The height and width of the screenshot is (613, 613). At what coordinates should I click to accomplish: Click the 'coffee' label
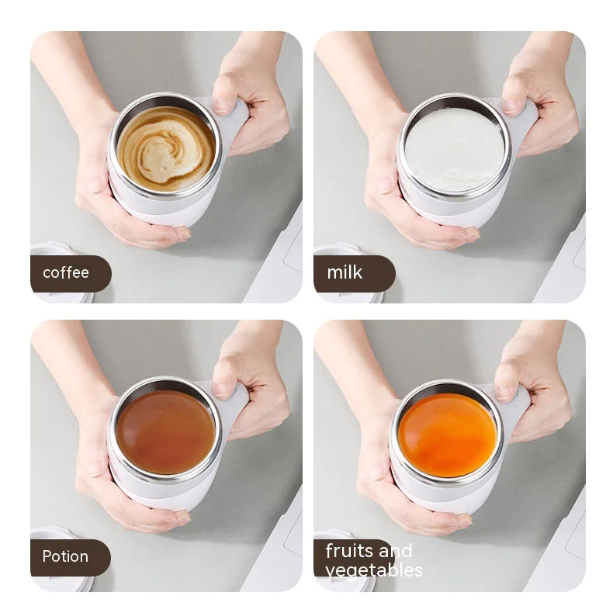point(67,273)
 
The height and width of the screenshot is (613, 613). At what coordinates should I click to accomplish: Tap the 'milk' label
point(345,273)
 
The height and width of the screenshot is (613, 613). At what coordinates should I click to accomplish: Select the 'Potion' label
point(66,557)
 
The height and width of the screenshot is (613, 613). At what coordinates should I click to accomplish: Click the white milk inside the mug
point(455,150)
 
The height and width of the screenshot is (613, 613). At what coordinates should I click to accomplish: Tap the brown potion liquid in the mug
point(166,432)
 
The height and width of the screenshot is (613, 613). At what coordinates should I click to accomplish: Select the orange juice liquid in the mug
point(447,435)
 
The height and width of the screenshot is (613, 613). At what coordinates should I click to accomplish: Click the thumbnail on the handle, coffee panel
point(222,106)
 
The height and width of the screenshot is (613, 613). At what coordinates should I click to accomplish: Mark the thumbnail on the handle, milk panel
point(512,106)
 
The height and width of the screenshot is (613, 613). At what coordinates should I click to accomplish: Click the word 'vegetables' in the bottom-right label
point(374,570)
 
